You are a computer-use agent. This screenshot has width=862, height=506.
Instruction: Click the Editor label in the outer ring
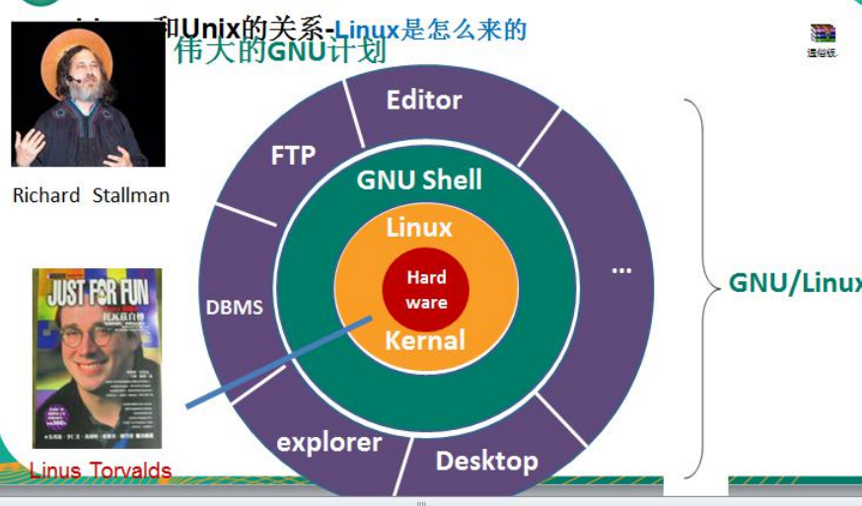424,100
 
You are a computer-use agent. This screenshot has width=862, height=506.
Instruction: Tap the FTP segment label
293,155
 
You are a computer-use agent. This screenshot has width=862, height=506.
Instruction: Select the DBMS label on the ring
235,307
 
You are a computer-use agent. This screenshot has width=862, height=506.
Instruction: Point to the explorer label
329,442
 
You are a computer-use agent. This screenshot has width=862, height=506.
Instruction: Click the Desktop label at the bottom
486,461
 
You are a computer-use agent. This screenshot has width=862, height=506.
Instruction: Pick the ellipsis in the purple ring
621,269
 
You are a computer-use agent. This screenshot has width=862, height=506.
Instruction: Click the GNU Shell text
419,180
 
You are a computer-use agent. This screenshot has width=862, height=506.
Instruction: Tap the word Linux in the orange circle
419,227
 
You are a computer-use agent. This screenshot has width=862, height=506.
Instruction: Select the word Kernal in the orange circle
424,341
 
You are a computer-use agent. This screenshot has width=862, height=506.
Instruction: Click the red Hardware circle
426,290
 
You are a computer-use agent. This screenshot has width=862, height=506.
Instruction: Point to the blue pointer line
276,362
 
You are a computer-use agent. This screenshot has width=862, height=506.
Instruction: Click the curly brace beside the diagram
704,286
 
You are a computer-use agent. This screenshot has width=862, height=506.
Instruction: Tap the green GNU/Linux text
794,283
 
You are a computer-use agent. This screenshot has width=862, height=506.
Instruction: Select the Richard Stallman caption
91,195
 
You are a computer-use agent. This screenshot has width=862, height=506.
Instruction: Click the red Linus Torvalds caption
101,470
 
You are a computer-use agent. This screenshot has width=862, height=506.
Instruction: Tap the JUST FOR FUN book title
97,293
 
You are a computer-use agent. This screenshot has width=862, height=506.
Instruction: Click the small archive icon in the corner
822,36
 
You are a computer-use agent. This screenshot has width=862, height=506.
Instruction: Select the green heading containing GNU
281,51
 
